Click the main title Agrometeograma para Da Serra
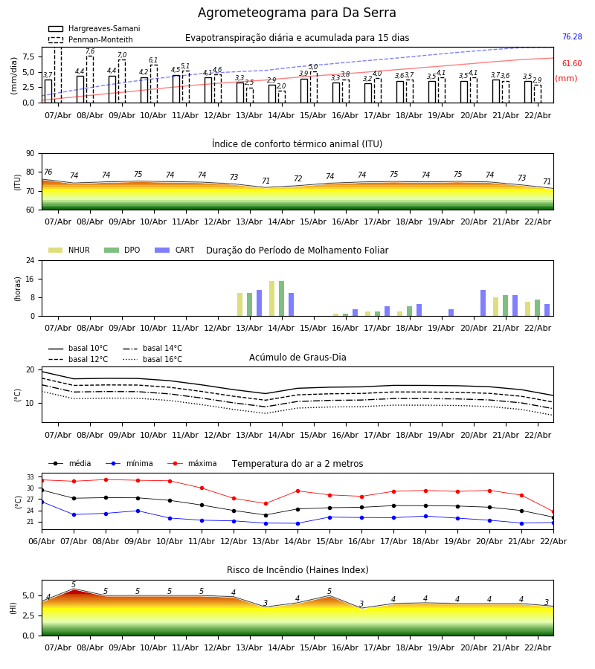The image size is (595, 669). [x=297, y=13]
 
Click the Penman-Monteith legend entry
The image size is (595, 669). [x=91, y=39]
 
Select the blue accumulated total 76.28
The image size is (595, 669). [x=572, y=36]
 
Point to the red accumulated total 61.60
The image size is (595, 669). [x=572, y=64]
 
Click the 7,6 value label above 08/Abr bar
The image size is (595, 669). [x=90, y=51]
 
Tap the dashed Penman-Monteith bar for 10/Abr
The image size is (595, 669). [x=154, y=84]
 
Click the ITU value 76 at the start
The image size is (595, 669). [x=48, y=172]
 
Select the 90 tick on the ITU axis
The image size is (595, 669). [x=30, y=154]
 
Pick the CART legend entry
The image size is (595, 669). [x=175, y=250]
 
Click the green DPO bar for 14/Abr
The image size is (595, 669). [x=282, y=299]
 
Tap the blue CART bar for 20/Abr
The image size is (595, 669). [x=483, y=303]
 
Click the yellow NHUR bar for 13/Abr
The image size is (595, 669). [x=240, y=305]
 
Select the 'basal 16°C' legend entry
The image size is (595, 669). [x=152, y=359]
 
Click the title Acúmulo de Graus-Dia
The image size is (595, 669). [x=297, y=358]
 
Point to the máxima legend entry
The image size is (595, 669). [x=193, y=463]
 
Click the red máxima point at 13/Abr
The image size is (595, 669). [x=266, y=504]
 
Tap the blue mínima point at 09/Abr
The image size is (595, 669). [x=138, y=511]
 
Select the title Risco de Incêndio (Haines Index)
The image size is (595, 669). [x=297, y=570]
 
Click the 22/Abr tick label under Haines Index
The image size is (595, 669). [x=538, y=647]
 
